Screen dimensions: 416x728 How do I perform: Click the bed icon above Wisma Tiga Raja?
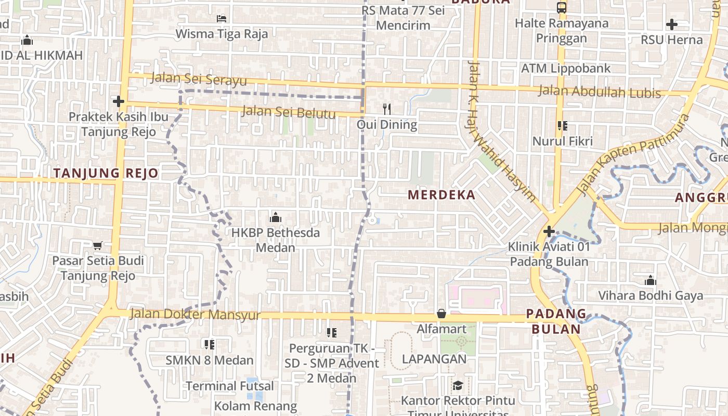[x=221, y=18]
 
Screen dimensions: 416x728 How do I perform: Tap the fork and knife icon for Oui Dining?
[x=386, y=109]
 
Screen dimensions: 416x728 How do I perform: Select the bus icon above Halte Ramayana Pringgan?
[x=561, y=7]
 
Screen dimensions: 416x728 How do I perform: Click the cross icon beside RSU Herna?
[x=671, y=24]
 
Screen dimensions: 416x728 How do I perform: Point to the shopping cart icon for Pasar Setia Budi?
[x=97, y=245]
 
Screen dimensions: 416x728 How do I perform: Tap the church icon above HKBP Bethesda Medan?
[x=276, y=217]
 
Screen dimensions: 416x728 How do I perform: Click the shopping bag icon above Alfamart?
[x=441, y=313]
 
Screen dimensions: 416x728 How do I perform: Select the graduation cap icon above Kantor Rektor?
[x=458, y=385]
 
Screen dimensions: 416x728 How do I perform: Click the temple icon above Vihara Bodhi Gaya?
[x=650, y=281]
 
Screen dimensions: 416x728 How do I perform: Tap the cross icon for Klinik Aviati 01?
[x=549, y=231]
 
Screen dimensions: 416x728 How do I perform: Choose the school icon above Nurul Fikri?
[x=562, y=125]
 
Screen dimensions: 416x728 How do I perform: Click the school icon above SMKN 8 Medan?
[x=210, y=344]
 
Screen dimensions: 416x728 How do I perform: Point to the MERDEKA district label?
[x=441, y=195]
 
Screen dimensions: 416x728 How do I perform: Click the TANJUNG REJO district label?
[x=106, y=173]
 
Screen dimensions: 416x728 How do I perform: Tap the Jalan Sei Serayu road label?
[x=199, y=80]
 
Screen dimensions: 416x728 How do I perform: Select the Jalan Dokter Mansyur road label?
[x=195, y=314]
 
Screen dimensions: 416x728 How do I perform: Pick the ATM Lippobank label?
[x=566, y=68]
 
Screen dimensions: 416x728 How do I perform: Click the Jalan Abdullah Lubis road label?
[x=599, y=92]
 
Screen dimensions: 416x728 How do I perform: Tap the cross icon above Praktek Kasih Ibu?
[x=119, y=101]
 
